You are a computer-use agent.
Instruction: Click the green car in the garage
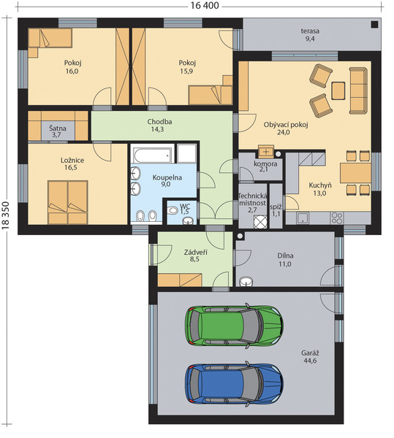coord(235,326)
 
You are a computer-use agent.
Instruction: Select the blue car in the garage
coord(235,384)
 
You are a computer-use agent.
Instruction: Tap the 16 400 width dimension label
coord(205,6)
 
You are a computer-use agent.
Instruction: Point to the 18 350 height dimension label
coord(6,215)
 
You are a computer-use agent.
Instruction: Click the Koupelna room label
coord(167,177)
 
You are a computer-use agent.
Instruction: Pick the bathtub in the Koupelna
coord(152,153)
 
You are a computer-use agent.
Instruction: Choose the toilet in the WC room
coord(173,210)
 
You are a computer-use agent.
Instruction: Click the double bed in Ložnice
coord(68,202)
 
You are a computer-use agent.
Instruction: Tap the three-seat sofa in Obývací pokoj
coord(358,91)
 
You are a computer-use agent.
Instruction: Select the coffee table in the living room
coord(338,91)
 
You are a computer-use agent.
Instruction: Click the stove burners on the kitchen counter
coord(337,218)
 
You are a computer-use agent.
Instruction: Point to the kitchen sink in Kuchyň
coord(303,218)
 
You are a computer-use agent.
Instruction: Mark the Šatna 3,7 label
coord(58,131)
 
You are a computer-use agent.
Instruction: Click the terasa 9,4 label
coord(310,34)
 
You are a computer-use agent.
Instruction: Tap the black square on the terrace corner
coord(374,25)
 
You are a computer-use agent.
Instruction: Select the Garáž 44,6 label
coord(310,357)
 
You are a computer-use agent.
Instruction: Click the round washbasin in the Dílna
coord(246,281)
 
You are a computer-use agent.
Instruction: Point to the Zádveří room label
coord(195,253)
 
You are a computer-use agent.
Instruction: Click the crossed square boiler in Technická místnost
coord(260,222)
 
